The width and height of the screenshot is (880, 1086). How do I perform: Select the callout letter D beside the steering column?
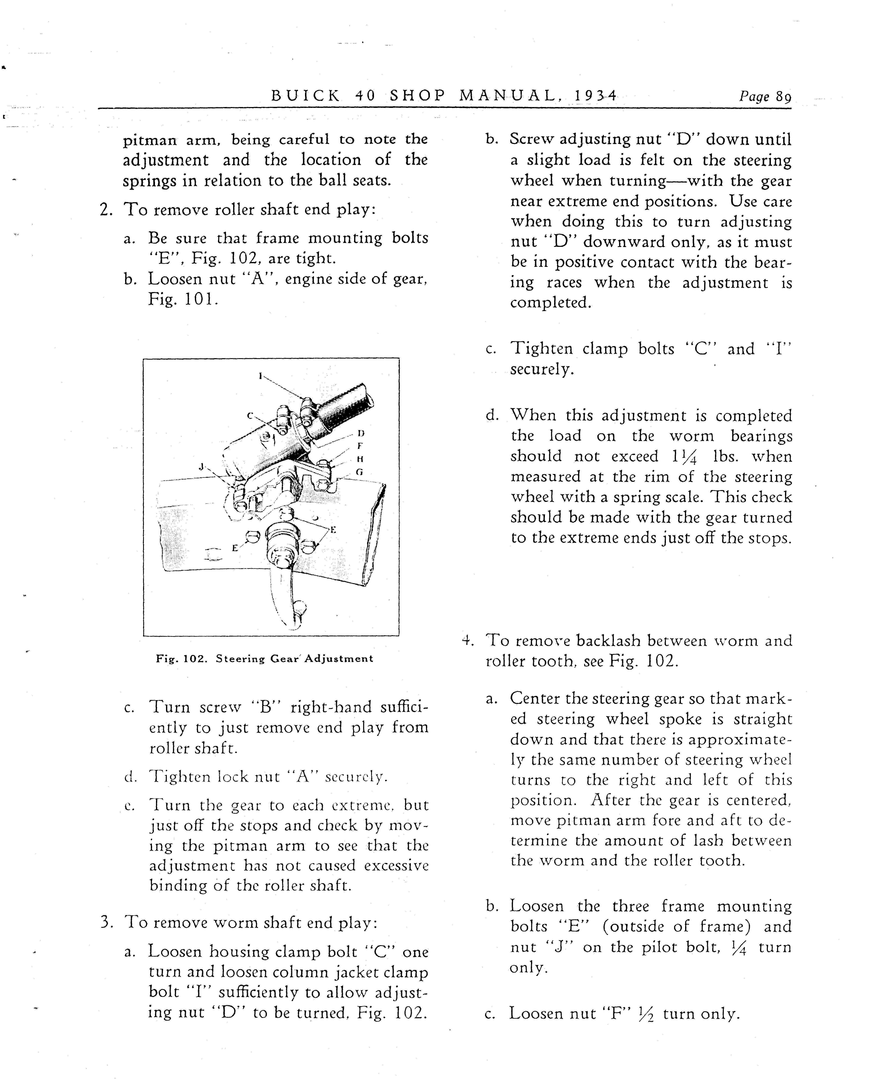(361, 433)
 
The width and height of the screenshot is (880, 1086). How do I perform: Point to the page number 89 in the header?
(783, 96)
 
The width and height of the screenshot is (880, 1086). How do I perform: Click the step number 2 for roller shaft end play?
(105, 209)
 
